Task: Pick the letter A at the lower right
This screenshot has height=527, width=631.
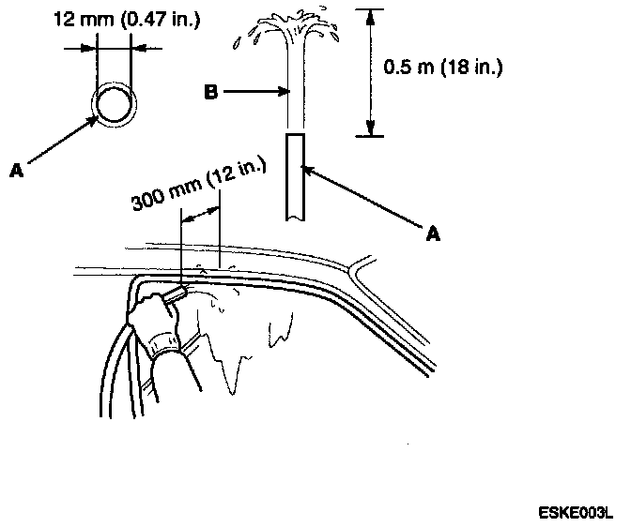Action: coord(433,235)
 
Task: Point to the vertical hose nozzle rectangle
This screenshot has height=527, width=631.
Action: coord(295,175)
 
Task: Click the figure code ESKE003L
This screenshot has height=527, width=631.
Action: coord(575,514)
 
